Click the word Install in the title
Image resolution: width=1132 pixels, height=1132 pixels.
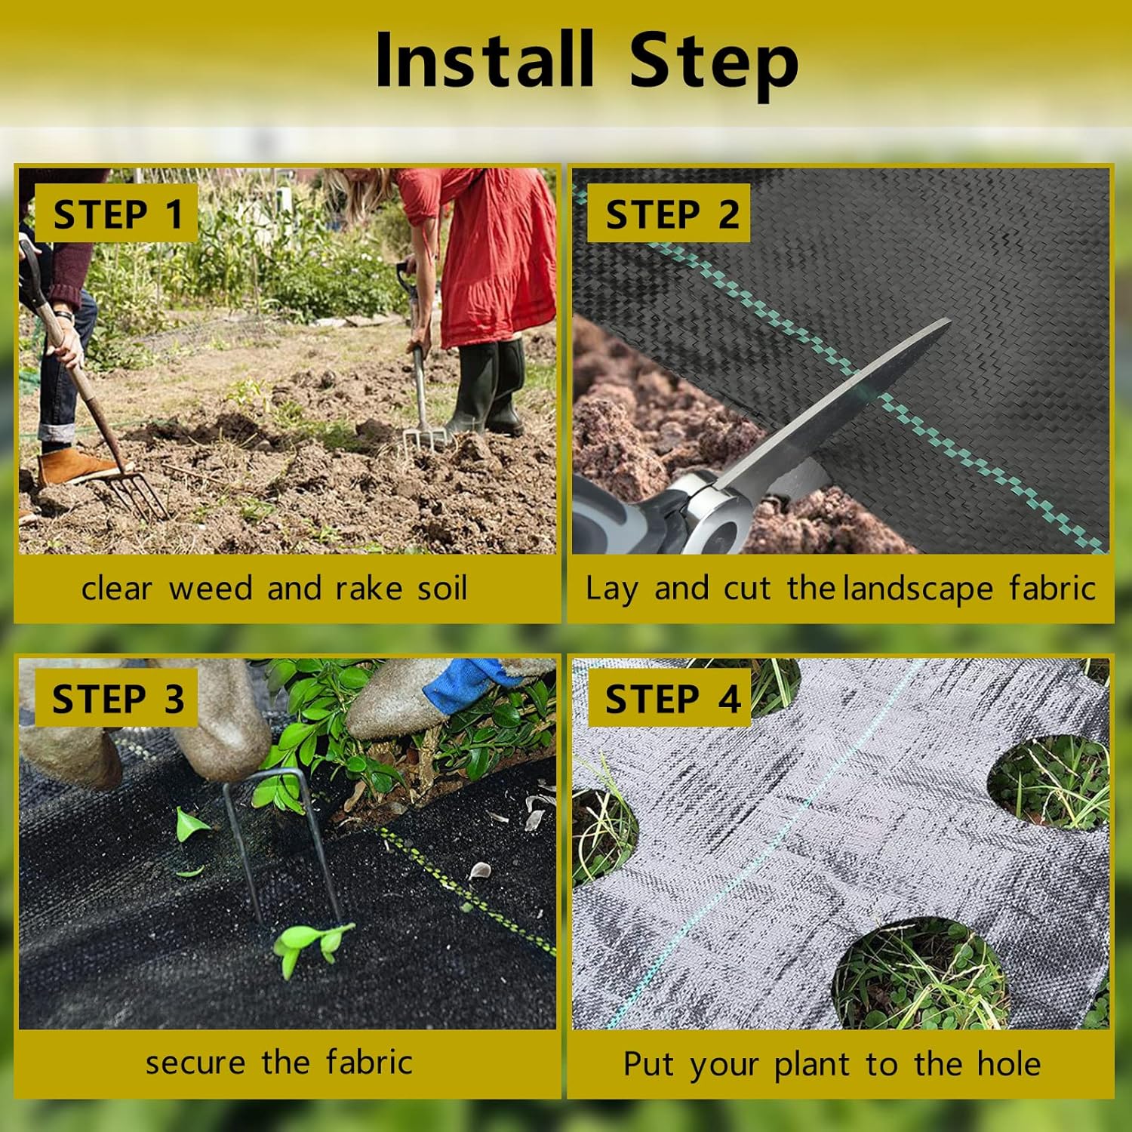coord(484,60)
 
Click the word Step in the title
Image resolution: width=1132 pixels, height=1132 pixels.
coord(712,63)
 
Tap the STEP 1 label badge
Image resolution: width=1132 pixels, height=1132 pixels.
coord(117,214)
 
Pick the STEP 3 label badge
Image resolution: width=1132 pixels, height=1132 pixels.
coord(117,699)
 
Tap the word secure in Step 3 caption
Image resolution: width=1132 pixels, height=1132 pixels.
coord(195,1063)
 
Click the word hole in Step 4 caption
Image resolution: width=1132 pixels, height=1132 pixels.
coord(1009,1064)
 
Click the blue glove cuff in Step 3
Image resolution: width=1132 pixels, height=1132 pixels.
coord(464,683)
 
